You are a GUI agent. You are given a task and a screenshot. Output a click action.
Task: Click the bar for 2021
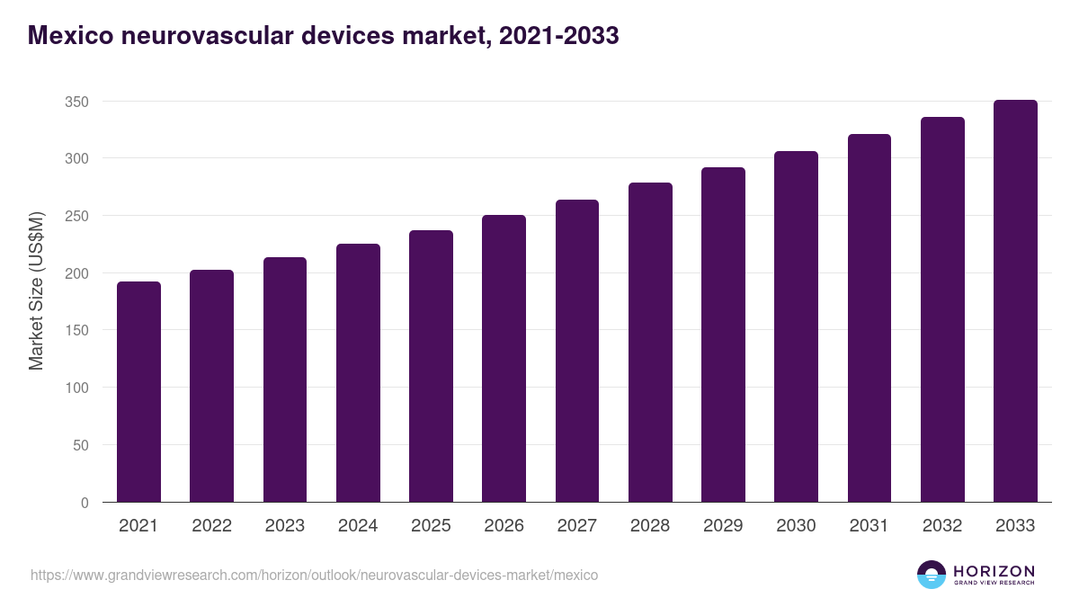pos(138,392)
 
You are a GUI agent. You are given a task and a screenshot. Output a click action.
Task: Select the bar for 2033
pos(1015,301)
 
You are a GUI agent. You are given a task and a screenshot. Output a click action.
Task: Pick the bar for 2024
pos(358,373)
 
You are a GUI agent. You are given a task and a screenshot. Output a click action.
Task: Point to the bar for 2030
pos(796,326)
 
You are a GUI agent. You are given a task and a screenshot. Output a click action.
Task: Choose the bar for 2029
pos(723,335)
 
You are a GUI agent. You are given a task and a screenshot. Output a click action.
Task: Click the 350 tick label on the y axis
pos(77,102)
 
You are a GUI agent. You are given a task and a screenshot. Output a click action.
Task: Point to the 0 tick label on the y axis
pos(85,503)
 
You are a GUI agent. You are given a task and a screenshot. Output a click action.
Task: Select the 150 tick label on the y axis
pos(77,331)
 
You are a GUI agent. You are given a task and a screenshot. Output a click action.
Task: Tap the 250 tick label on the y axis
pos(77,216)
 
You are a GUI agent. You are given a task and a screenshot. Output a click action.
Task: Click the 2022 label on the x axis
pos(211,526)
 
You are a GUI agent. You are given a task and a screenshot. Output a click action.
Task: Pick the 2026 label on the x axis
pos(504,526)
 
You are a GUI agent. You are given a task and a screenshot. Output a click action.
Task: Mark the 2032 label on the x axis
pos(942,526)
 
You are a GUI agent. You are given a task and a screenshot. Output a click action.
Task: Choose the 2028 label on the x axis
pos(650,526)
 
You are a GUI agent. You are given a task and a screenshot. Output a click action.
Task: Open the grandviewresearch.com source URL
pos(314,575)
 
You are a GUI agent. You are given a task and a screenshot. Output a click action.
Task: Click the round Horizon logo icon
pos(932,575)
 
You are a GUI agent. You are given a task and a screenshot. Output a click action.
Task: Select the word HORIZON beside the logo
pos(994,570)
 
